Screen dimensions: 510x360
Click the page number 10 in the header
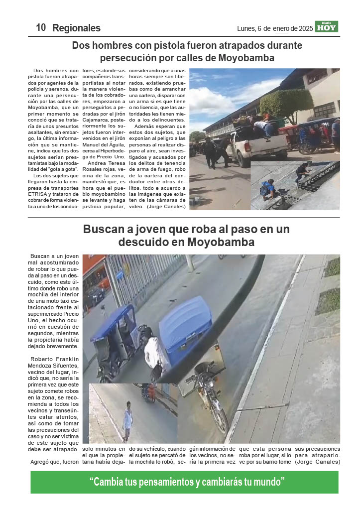pyautogui.click(x=41, y=28)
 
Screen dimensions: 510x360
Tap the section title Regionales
pyautogui.click(x=76, y=28)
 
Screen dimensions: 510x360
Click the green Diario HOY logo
pyautogui.click(x=327, y=27)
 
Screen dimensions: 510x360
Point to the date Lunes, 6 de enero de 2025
pyautogui.click(x=275, y=29)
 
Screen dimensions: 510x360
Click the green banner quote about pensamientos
pyautogui.click(x=187, y=482)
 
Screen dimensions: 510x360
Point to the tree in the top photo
pyautogui.click(x=286, y=105)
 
